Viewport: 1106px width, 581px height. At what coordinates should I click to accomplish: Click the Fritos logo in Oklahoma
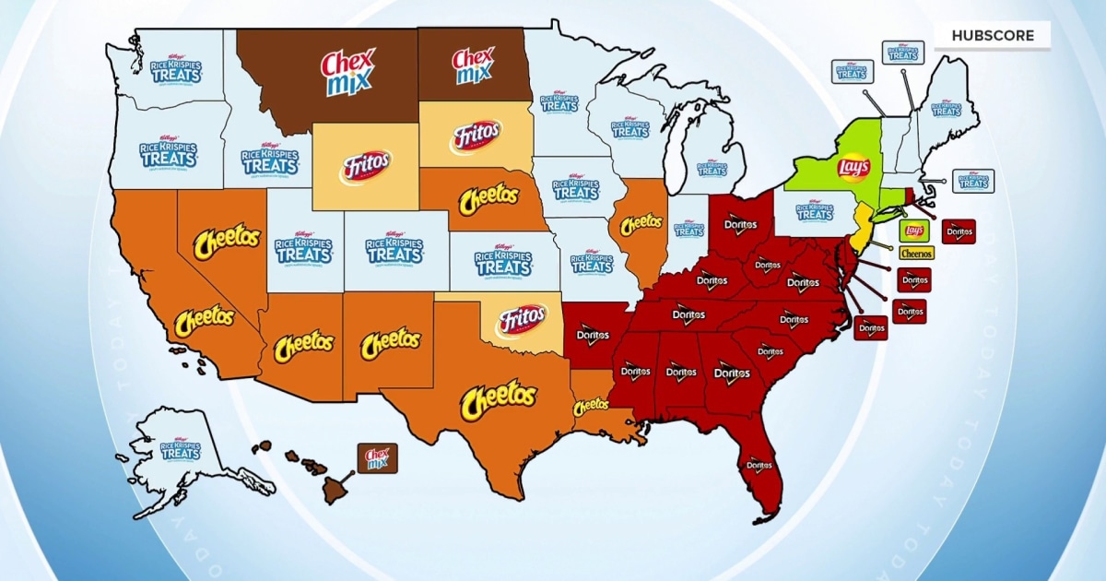[x=522, y=321]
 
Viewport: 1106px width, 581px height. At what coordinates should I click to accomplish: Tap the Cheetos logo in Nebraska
[x=488, y=199]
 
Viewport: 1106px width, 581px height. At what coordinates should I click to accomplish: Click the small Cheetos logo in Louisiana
[x=592, y=405]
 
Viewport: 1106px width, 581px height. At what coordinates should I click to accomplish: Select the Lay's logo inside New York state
[x=853, y=167]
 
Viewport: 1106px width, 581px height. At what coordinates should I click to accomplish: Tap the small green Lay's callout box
[x=913, y=231]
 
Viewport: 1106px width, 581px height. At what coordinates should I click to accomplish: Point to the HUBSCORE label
[x=992, y=36]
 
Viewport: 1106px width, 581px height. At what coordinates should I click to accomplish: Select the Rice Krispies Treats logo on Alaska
[x=180, y=451]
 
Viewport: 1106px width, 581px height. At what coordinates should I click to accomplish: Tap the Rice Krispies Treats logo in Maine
[x=946, y=108]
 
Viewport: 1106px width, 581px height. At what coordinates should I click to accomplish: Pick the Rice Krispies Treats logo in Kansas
[x=504, y=261]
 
